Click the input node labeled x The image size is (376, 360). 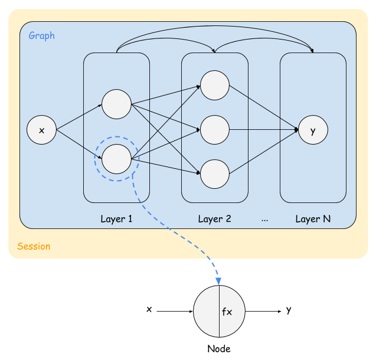pos(41,130)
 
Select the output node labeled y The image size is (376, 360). pos(313,130)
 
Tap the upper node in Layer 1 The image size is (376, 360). pos(116,104)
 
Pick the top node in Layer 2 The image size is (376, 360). pos(214,85)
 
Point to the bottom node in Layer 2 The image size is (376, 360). pos(214,174)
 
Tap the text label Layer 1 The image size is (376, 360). pos(116,219)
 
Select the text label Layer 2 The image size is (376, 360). pos(214,219)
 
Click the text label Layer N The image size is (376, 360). pos(313,219)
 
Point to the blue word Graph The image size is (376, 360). pos(42,35)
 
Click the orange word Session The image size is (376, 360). pos(34,246)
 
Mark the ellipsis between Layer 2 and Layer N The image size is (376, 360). pos(264,220)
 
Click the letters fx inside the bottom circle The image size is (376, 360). pos(227,312)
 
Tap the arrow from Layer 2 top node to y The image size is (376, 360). pos(263,107)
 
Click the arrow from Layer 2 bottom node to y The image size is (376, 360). pos(263,152)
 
